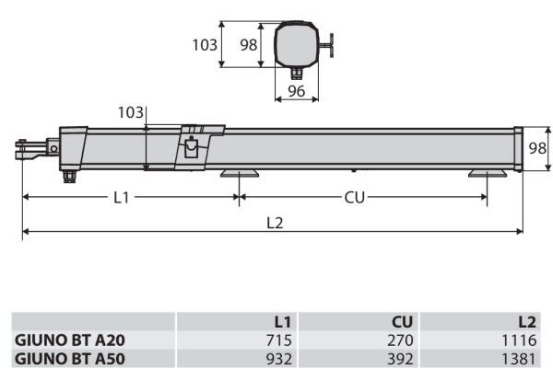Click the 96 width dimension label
coord(296,91)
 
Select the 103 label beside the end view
coord(205,45)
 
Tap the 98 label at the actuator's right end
coord(537,148)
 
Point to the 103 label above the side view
coord(131,112)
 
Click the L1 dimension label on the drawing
coord(122,198)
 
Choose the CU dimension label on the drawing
coord(354,198)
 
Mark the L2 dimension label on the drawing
coord(275,223)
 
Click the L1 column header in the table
coord(283,322)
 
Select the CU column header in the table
coord(402,322)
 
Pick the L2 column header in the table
coord(527,322)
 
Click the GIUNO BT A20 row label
coord(70,340)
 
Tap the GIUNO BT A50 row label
coord(70,359)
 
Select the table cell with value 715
coord(279,340)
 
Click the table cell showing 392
coord(400,359)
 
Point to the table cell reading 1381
coord(519,359)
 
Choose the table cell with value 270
coord(400,340)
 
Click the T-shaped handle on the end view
coord(326,45)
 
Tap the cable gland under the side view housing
coord(69,176)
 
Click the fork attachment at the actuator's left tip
coord(31,150)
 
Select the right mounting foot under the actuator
coord(488,173)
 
